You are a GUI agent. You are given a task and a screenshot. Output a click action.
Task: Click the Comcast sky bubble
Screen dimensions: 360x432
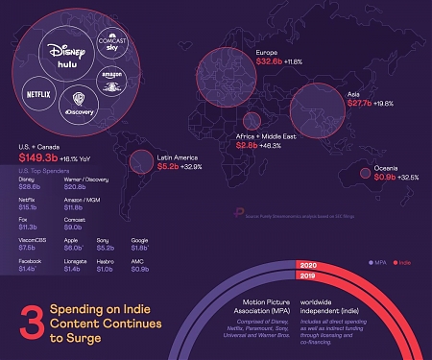click(x=116, y=43)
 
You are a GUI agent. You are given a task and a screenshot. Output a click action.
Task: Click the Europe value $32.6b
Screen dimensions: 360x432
click(x=274, y=60)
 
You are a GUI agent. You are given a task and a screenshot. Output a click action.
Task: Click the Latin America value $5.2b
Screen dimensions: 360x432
click(x=171, y=166)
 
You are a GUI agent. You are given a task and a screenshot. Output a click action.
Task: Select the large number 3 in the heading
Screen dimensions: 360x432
click(x=31, y=321)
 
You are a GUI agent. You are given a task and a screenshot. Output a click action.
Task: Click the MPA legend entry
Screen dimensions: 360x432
click(x=374, y=260)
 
